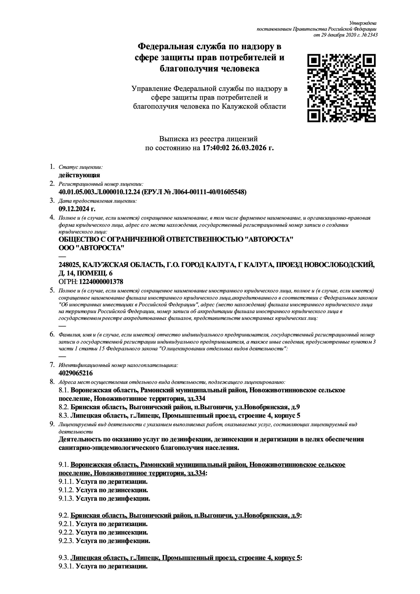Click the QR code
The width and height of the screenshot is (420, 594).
pyautogui.click(x=341, y=88)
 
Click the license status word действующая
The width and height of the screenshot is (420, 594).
pyautogui.click(x=79, y=175)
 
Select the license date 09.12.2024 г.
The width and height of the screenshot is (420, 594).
pyautogui.click(x=77, y=209)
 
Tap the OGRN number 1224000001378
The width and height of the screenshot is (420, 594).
pyautogui.click(x=101, y=282)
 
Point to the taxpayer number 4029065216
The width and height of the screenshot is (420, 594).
pyautogui.click(x=76, y=373)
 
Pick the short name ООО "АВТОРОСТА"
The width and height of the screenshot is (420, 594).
pyautogui.click(x=92, y=248)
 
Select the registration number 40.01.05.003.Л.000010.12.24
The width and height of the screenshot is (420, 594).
pyautogui.click(x=99, y=192)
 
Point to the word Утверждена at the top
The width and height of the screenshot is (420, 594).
pyautogui.click(x=363, y=23)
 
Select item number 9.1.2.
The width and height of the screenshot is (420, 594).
pyautogui.click(x=66, y=490)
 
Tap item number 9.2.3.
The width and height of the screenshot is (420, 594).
pyautogui.click(x=66, y=541)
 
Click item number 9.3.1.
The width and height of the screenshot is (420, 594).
pyautogui.click(x=66, y=566)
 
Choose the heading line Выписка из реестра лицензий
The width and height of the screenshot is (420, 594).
pyautogui.click(x=208, y=139)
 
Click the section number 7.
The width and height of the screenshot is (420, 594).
pyautogui.click(x=52, y=364)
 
